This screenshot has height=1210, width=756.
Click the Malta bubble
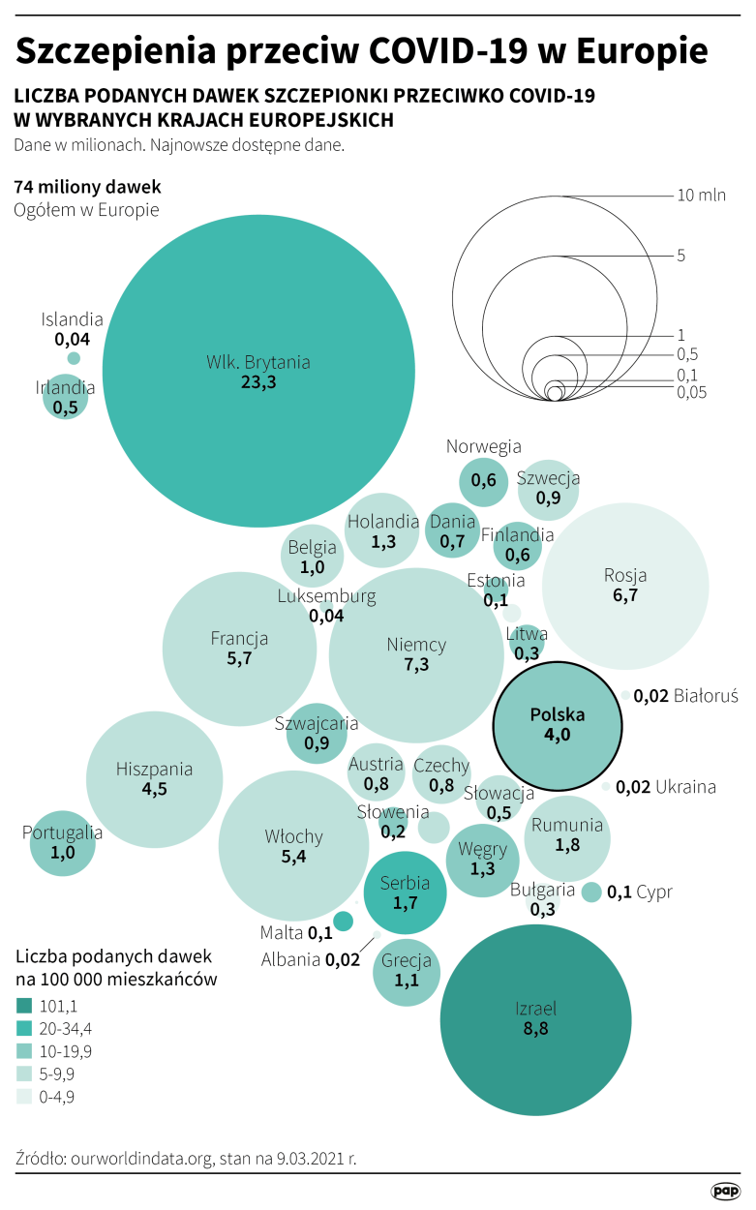click(342, 921)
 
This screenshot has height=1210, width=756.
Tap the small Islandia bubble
click(73, 357)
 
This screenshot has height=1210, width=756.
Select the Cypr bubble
click(591, 892)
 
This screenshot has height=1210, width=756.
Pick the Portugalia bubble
click(63, 843)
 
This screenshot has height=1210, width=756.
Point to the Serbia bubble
click(405, 892)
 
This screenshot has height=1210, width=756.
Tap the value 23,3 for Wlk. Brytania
click(258, 383)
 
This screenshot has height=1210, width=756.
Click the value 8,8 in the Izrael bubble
click(535, 1029)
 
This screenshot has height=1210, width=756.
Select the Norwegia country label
click(484, 446)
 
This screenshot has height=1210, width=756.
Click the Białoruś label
click(706, 695)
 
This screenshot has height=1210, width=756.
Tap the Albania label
click(290, 960)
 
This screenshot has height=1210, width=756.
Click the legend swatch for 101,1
click(24, 1006)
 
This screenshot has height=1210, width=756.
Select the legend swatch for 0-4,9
click(24, 1097)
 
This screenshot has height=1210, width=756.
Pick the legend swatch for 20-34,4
click(24, 1028)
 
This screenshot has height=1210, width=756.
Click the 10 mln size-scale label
click(702, 196)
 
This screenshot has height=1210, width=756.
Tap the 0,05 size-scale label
click(691, 392)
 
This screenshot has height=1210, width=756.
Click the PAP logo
click(725, 1190)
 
